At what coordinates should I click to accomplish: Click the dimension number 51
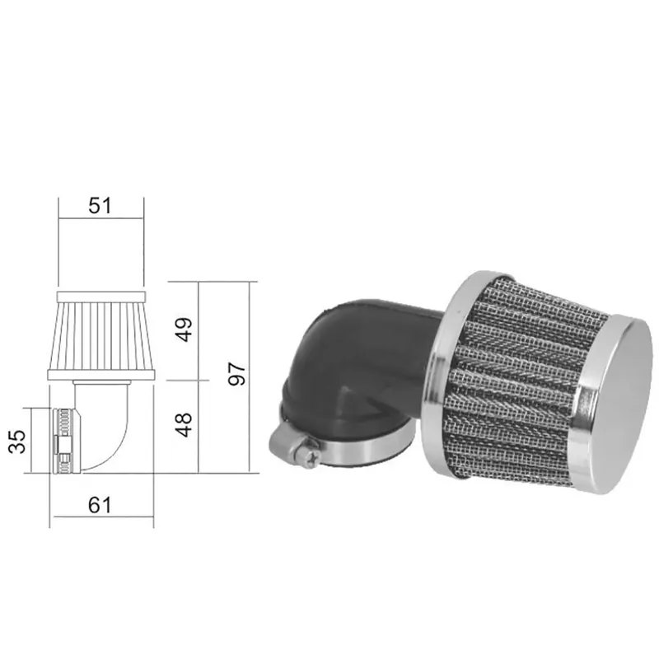pyautogui.click(x=100, y=206)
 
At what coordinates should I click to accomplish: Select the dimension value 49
pyautogui.click(x=185, y=329)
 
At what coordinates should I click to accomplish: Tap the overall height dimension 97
pyautogui.click(x=236, y=376)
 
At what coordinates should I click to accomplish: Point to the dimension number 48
pyautogui.click(x=185, y=425)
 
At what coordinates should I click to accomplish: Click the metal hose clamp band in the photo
pyautogui.click(x=362, y=449)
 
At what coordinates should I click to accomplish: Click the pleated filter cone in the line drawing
pyautogui.click(x=100, y=338)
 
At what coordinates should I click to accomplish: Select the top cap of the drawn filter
pyautogui.click(x=100, y=294)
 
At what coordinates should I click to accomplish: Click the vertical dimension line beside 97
pyautogui.click(x=252, y=376)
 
